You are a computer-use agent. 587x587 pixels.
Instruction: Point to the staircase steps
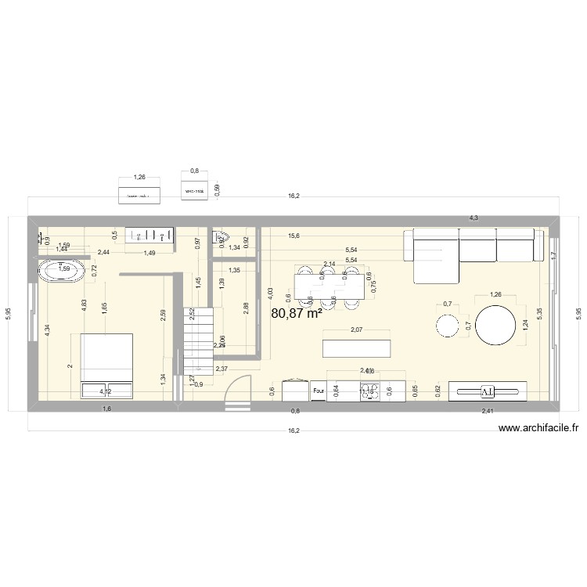(x=196, y=337)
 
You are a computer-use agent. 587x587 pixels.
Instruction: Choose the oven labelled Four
(x=319, y=391)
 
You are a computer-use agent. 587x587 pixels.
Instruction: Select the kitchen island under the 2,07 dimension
(x=358, y=347)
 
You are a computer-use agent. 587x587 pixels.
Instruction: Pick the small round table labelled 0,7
(x=448, y=326)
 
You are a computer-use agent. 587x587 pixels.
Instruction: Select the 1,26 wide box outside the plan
(x=140, y=194)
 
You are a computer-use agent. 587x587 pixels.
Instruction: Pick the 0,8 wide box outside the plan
(x=194, y=190)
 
